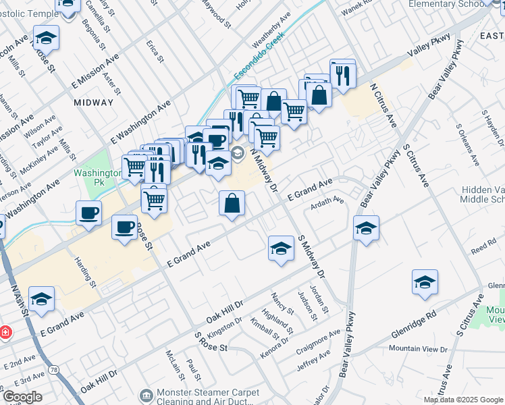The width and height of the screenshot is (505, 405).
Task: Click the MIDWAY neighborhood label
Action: [94, 103]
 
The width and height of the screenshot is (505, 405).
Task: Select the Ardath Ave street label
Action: [327, 200]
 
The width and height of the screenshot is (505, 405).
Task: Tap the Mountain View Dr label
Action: [419, 349]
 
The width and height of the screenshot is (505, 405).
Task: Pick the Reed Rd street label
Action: [483, 249]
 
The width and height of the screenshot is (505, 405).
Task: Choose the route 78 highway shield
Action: [53, 370]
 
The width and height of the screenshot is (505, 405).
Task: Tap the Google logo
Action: [22, 397]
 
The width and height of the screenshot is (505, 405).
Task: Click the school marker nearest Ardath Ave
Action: [366, 228]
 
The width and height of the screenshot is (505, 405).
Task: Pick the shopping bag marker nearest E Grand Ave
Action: [232, 203]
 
